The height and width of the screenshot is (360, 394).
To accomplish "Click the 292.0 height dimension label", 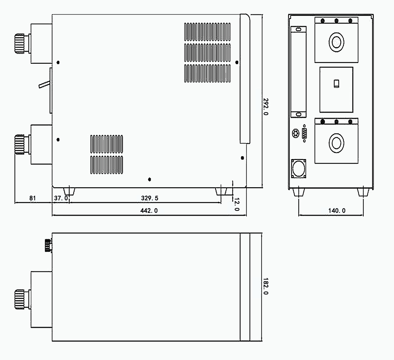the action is pyautogui.click(x=266, y=107).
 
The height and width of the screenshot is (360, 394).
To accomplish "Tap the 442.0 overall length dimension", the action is pyautogui.click(x=149, y=211).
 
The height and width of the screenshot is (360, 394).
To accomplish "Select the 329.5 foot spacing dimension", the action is pyautogui.click(x=149, y=198).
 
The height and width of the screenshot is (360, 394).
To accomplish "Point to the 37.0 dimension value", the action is pyautogui.click(x=61, y=198).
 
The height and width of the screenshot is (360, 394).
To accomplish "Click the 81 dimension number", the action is pyautogui.click(x=33, y=198).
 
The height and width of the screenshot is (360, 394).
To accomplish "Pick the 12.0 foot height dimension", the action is pyautogui.click(x=237, y=204).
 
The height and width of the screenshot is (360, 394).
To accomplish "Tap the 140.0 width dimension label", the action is pyautogui.click(x=337, y=211).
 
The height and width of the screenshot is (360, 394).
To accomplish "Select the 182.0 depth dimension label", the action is pyautogui.click(x=266, y=286).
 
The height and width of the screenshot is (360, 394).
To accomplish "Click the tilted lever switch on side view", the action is pyautogui.click(x=44, y=84).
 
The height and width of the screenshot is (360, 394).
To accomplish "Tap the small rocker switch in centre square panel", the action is pyautogui.click(x=337, y=83).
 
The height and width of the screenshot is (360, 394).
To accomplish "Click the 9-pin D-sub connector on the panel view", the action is pyautogui.click(x=304, y=133).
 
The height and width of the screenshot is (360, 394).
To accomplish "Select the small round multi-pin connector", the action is pyautogui.click(x=296, y=133).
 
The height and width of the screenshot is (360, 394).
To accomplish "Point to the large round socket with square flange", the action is pyautogui.click(x=298, y=169).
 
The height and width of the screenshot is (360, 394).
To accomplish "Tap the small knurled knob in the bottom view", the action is pyautogui.click(x=48, y=245).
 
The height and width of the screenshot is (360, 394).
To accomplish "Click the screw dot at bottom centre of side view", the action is pyautogui.click(x=149, y=179).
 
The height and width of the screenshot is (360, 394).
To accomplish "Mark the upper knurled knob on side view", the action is pyautogui.click(x=20, y=43).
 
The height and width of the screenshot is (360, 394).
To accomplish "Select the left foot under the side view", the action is pyautogui.click(x=69, y=191).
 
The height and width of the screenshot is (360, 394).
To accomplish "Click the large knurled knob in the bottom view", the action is pyautogui.click(x=20, y=299).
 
